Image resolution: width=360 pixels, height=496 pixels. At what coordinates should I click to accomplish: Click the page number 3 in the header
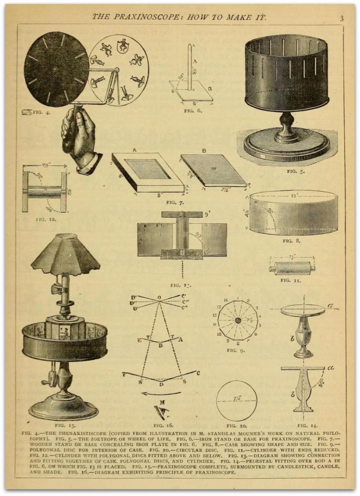[342, 18]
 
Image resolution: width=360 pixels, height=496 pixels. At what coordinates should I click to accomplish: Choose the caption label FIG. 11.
[291, 280]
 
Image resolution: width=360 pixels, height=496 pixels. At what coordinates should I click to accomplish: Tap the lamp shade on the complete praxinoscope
[65, 255]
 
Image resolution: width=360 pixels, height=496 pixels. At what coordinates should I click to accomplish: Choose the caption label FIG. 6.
[192, 109]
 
